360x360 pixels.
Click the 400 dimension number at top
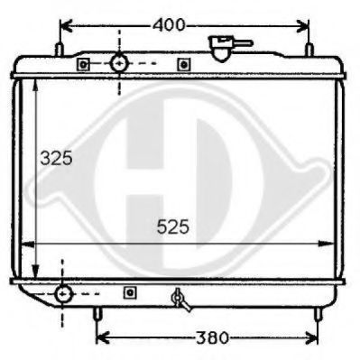tap(169, 25)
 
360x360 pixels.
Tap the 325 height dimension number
tap(57, 158)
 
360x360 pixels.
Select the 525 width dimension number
tap(173, 226)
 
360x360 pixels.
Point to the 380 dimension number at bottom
tap(212, 337)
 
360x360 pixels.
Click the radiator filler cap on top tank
tap(224, 48)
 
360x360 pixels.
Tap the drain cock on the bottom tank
tap(180, 300)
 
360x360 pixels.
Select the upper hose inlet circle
tap(120, 63)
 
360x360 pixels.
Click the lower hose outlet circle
tap(63, 294)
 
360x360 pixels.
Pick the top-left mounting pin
tap(59, 50)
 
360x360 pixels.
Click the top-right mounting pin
tap(309, 50)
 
